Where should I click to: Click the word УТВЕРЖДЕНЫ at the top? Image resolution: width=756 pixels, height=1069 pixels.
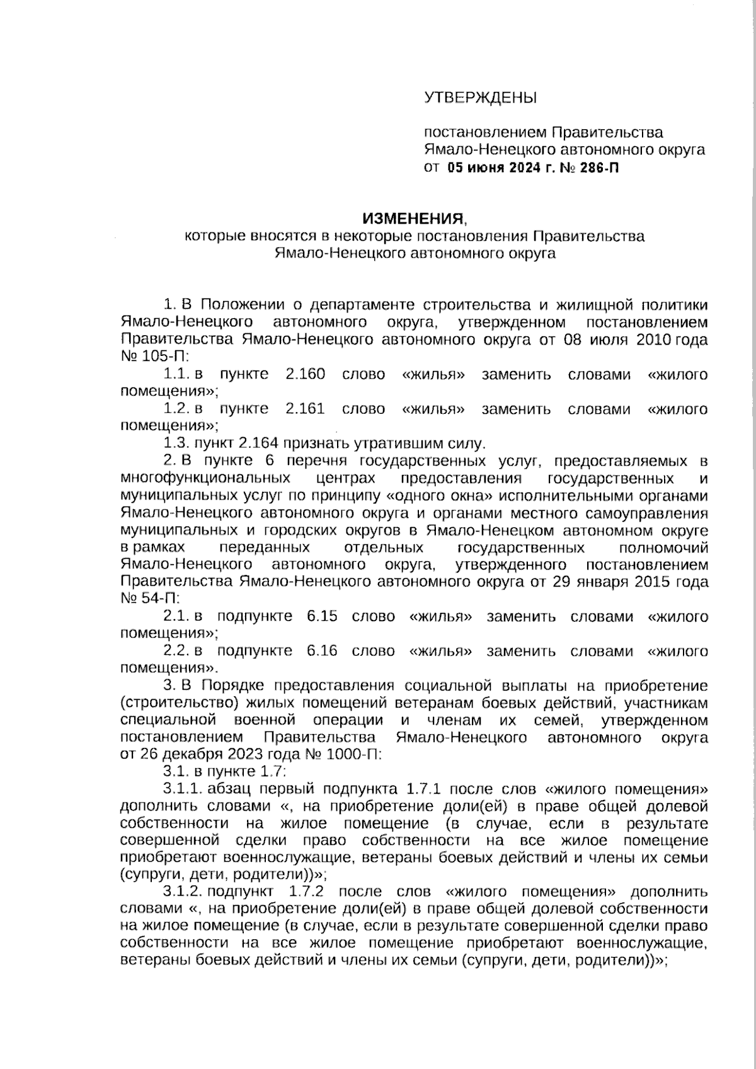[x=480, y=98]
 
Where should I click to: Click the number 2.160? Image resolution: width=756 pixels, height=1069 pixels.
[x=305, y=375]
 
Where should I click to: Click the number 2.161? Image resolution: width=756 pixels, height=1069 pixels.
[x=305, y=409]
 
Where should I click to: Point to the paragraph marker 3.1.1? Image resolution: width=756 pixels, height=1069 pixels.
[x=182, y=789]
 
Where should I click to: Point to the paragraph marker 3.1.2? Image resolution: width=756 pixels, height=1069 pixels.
[x=182, y=891]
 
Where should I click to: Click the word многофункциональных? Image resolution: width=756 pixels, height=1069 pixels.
[x=205, y=478]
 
